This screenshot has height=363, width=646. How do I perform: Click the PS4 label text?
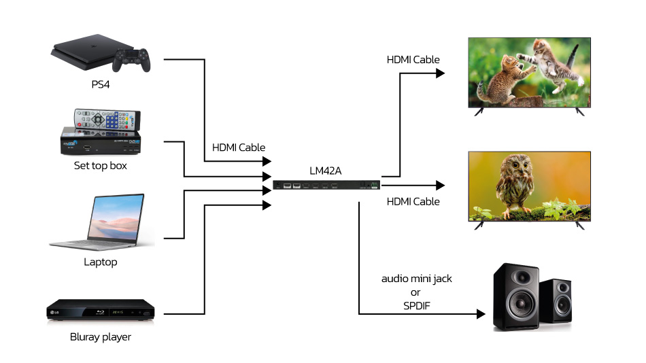(101, 84)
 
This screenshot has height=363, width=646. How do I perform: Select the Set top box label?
(101, 165)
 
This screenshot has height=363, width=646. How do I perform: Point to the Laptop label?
(101, 262)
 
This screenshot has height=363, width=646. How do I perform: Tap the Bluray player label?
(101, 336)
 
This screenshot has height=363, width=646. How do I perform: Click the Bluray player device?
(101, 311)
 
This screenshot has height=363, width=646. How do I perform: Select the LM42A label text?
(327, 170)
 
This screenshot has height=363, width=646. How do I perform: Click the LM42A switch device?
(326, 185)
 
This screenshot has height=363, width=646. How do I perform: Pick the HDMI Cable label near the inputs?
(239, 147)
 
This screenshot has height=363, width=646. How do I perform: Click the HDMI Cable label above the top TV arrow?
(413, 60)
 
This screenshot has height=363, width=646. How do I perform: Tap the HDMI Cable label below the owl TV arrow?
(413, 201)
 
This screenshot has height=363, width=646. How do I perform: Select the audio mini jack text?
(416, 279)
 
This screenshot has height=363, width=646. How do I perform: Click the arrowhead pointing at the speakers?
(480, 314)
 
